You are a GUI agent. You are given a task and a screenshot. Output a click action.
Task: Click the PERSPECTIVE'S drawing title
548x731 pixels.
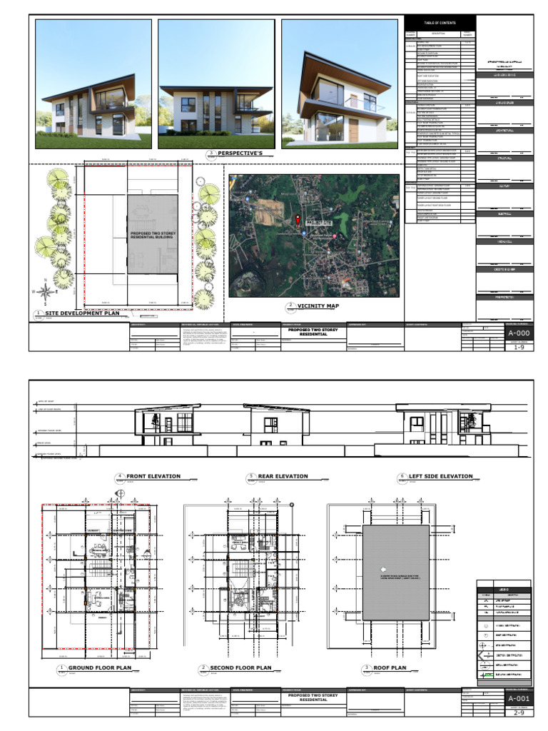click(240, 153)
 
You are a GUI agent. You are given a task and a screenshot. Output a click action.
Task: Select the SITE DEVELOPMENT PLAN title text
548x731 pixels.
click(82, 313)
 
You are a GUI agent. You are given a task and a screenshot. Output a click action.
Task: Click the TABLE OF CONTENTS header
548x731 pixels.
click(440, 24)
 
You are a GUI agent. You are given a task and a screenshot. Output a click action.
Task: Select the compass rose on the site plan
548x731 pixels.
click(46, 291)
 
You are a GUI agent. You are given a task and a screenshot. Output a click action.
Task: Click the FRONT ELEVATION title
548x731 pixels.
click(153, 476)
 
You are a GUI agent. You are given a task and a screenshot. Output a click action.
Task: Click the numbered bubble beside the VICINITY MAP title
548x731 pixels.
click(290, 306)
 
